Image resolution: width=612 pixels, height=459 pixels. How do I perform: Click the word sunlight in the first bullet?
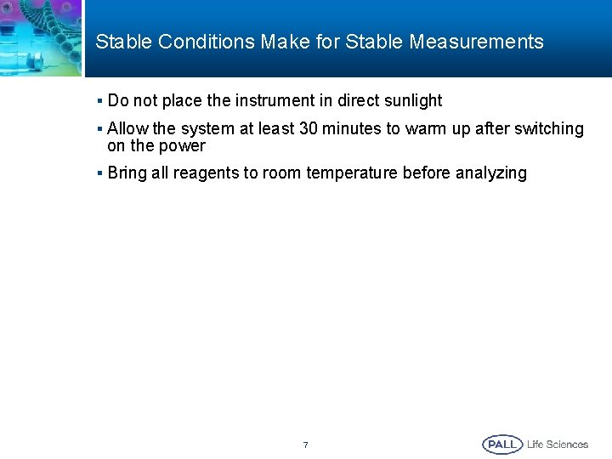[x=411, y=101]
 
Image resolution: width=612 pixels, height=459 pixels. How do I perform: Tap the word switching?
[x=550, y=129]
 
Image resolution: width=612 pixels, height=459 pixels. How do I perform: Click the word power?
[x=182, y=145]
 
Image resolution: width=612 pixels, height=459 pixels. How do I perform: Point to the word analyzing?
[x=490, y=173]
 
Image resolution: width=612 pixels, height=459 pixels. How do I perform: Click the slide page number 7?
[x=306, y=445]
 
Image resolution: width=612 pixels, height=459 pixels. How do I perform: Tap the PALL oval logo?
[x=502, y=445]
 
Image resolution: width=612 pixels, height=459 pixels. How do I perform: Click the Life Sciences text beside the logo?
[x=558, y=445]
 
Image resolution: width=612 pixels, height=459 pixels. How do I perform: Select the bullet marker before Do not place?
[x=99, y=101]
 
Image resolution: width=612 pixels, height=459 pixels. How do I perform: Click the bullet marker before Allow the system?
[x=99, y=129]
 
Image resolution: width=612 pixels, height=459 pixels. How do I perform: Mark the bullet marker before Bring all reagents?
[x=99, y=173]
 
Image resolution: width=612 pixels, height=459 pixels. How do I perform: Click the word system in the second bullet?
[x=180, y=129]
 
